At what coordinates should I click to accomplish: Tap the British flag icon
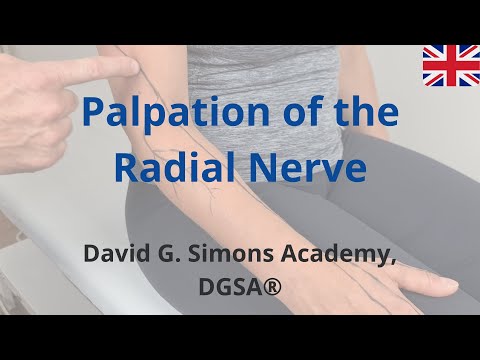(x=450, y=66)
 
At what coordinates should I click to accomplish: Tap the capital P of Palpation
(x=95, y=112)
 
